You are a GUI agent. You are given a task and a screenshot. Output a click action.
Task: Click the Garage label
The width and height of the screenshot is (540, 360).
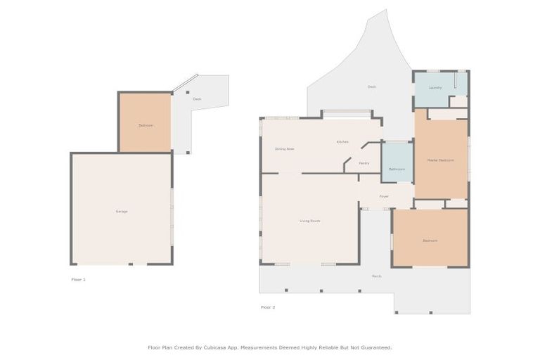(121, 211)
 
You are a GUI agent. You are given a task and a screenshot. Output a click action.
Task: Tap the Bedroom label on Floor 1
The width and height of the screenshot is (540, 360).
(146, 125)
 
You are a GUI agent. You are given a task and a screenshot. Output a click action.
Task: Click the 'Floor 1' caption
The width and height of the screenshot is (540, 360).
(78, 279)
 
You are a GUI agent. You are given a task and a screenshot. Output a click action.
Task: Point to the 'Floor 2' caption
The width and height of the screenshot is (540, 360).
(268, 307)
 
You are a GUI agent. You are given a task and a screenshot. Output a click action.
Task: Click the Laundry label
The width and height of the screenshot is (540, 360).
(435, 88)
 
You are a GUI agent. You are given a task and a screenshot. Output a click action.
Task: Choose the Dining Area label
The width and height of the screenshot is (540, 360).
(284, 149)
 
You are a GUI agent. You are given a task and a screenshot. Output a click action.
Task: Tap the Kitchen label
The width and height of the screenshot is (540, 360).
(342, 142)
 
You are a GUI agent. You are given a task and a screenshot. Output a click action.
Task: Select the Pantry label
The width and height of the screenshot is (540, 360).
(364, 163)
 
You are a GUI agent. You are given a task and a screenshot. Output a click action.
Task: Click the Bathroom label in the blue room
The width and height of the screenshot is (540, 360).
(397, 169)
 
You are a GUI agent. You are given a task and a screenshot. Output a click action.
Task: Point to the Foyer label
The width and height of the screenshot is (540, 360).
(384, 196)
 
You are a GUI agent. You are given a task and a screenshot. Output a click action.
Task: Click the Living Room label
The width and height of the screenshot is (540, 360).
(310, 221)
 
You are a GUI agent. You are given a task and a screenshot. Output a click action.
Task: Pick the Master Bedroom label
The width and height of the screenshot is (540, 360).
(440, 160)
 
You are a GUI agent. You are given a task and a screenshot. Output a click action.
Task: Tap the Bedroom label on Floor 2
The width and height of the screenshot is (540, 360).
(430, 240)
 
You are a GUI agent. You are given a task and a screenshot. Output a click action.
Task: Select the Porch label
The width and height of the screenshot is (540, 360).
(377, 276)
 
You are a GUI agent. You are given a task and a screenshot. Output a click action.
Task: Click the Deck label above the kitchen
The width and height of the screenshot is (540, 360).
(371, 86)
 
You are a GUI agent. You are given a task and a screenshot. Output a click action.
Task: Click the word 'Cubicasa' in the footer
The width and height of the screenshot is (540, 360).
(217, 347)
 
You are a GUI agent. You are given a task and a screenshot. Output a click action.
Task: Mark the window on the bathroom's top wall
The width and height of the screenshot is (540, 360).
(397, 141)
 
